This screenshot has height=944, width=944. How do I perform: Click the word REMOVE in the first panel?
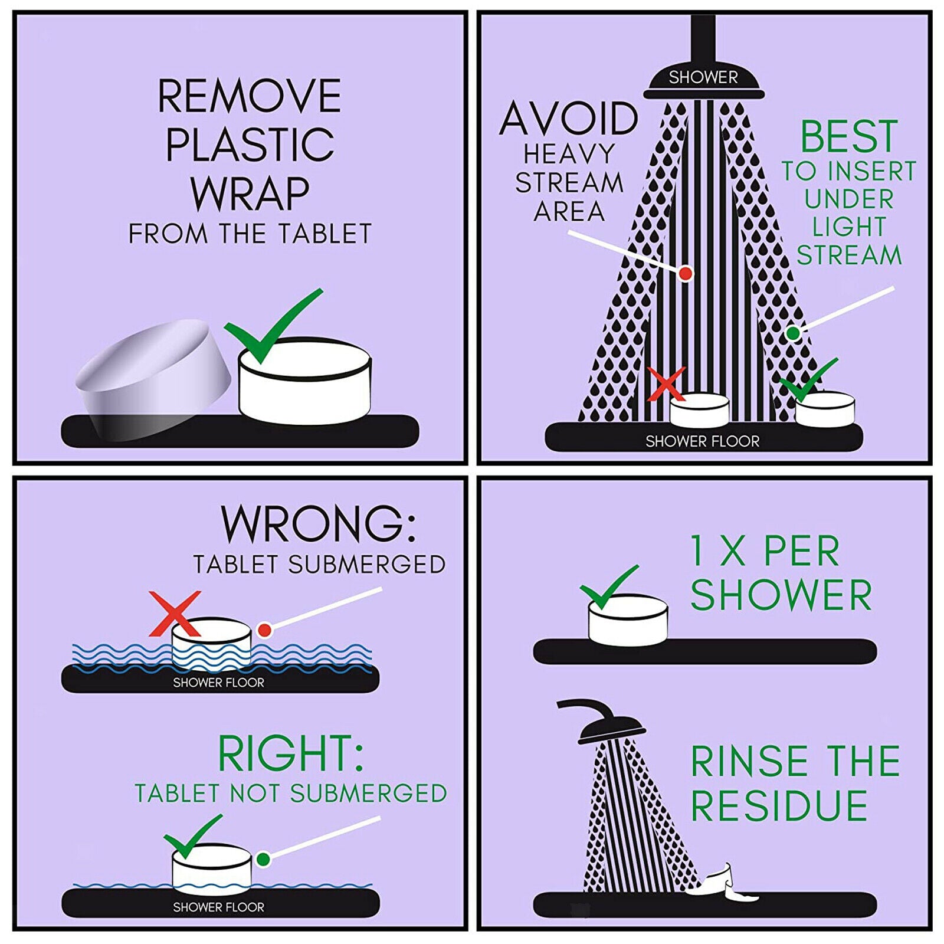pyautogui.click(x=249, y=96)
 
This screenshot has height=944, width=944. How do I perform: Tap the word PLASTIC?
pyautogui.click(x=250, y=144)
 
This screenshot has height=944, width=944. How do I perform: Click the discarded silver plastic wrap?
pyautogui.click(x=153, y=381)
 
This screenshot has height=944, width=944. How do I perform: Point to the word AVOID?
pyautogui.click(x=568, y=119)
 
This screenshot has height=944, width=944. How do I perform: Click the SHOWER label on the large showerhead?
pyautogui.click(x=703, y=77)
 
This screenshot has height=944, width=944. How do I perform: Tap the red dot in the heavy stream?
pyautogui.click(x=686, y=273)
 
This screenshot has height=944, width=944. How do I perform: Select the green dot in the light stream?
pyautogui.click(x=793, y=333)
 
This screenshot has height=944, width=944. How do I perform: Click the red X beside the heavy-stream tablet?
pyautogui.click(x=667, y=383)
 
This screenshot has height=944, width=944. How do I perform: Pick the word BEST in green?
pyautogui.click(x=849, y=136)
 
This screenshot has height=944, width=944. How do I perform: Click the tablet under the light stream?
pyautogui.click(x=825, y=409)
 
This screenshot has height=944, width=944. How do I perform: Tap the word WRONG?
pyautogui.click(x=319, y=523)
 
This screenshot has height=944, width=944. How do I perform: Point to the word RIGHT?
pyautogui.click(x=290, y=753)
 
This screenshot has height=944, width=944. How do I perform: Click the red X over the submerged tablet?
pyautogui.click(x=175, y=614)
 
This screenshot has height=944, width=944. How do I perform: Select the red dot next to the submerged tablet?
pyautogui.click(x=264, y=630)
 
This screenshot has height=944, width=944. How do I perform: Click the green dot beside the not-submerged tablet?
pyautogui.click(x=263, y=859)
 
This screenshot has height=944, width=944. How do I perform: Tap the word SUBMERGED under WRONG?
pyautogui.click(x=366, y=565)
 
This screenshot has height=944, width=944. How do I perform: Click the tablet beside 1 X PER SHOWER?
pyautogui.click(x=628, y=619)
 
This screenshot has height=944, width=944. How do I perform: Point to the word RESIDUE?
pyautogui.click(x=779, y=806)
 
